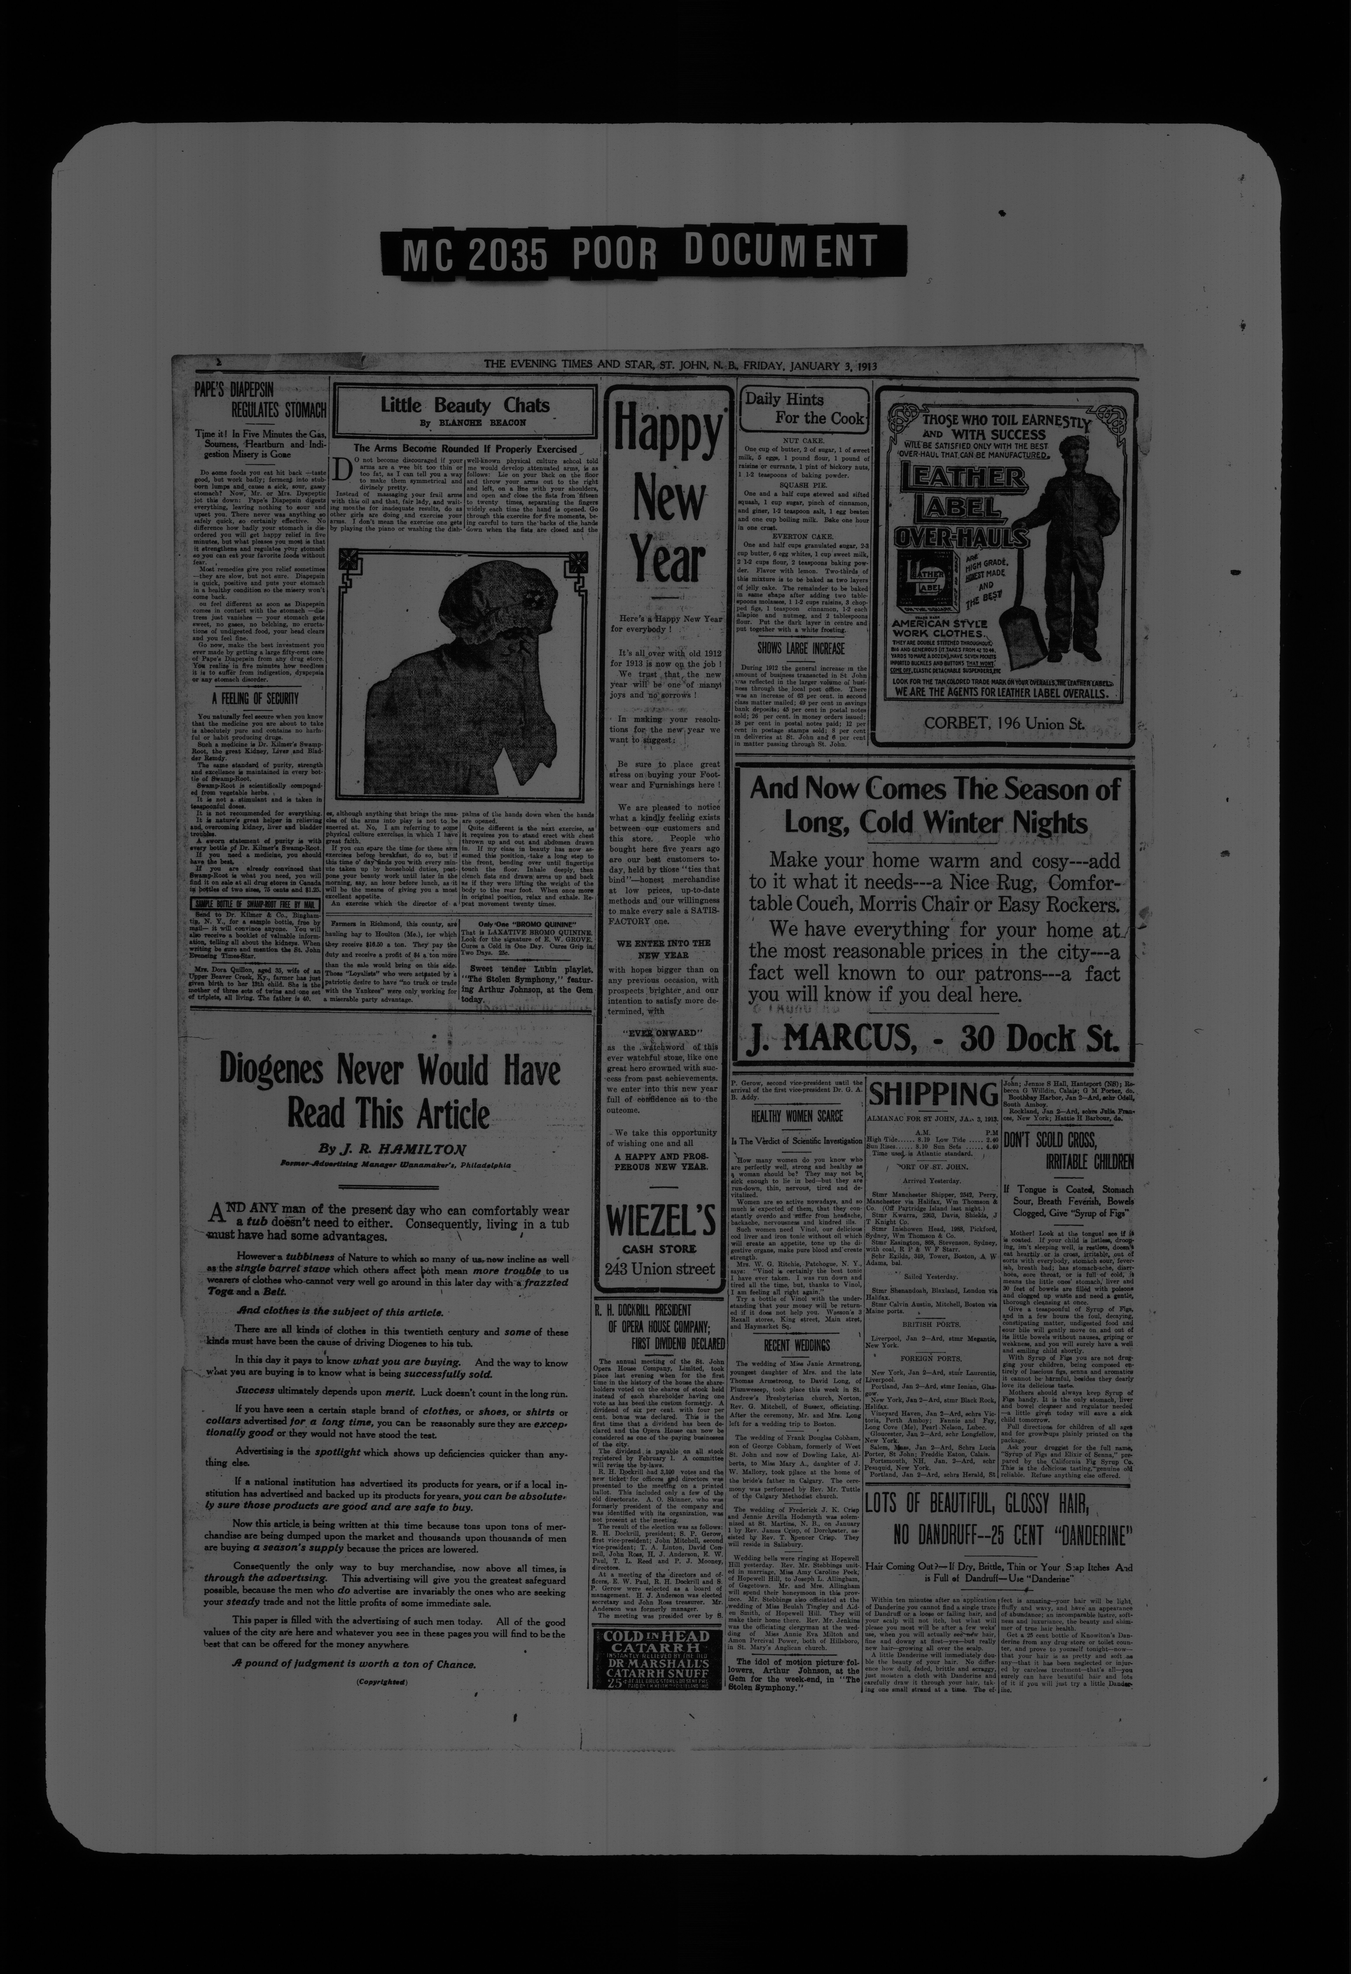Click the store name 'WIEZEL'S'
(x=661, y=1222)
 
